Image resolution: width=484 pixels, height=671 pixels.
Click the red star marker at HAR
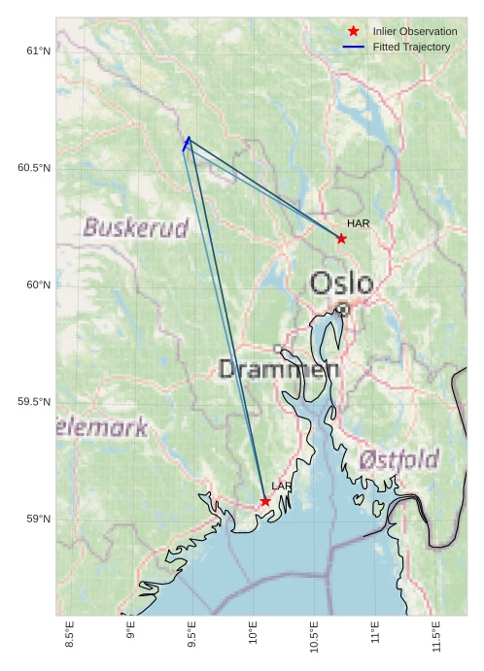click(341, 238)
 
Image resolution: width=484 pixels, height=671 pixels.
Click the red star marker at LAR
click(265, 501)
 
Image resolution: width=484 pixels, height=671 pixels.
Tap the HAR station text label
click(359, 223)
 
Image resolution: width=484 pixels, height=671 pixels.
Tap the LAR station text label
click(282, 486)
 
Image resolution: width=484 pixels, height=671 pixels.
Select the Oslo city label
click(341, 283)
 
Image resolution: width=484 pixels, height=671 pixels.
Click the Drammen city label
click(279, 369)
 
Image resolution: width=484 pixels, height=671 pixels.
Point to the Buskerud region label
click(135, 228)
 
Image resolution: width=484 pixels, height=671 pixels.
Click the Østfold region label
click(398, 459)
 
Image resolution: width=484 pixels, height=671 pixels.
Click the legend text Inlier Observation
click(414, 32)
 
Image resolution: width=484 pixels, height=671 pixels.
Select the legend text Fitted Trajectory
click(411, 47)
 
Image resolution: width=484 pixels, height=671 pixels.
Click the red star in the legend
click(353, 32)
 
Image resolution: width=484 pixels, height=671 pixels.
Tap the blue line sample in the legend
click(353, 47)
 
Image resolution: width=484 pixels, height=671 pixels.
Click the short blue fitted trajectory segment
click(186, 144)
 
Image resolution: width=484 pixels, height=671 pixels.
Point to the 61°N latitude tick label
click(37, 50)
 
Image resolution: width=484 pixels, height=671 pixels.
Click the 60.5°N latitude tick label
click(33, 168)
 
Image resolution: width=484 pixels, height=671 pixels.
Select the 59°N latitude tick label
click(37, 520)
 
